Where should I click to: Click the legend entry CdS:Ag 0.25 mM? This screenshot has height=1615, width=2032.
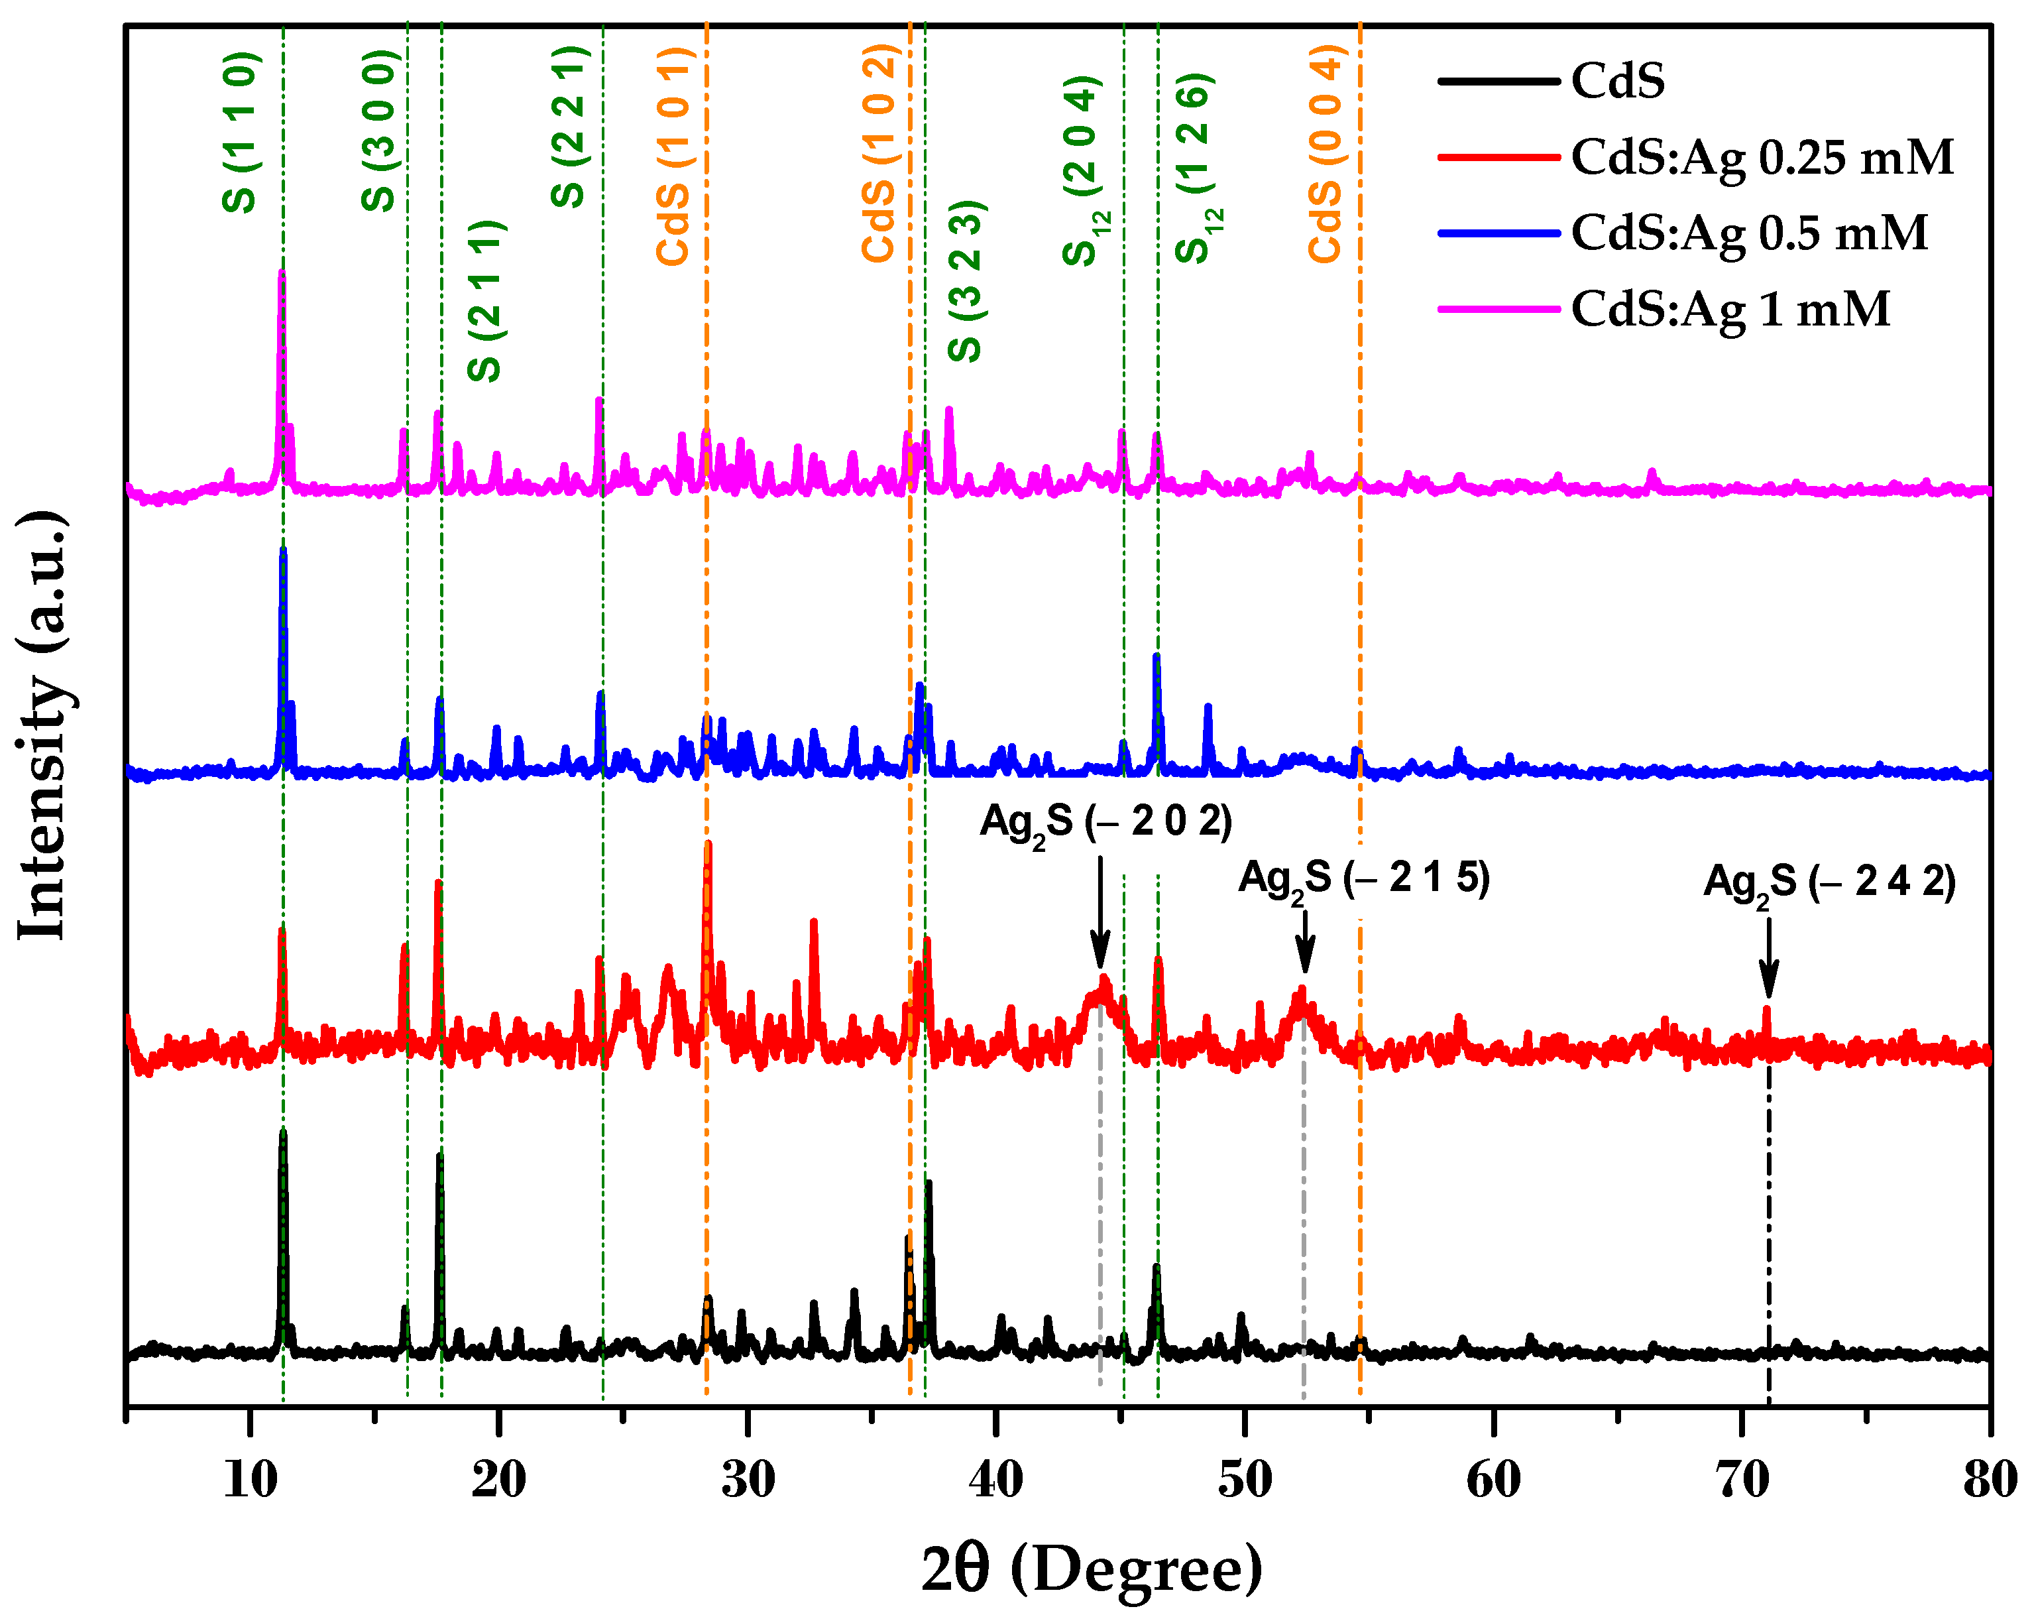tap(1760, 157)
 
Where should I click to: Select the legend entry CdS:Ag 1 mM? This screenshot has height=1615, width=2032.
tap(1730, 309)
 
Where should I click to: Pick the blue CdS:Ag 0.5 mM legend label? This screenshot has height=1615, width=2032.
tap(1748, 233)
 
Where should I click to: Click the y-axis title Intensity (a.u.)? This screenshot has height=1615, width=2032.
tap(42, 725)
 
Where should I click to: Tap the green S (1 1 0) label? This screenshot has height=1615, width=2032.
tap(241, 132)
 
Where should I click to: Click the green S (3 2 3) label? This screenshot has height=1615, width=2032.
tap(966, 281)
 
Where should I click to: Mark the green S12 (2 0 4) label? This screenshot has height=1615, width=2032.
tap(1083, 170)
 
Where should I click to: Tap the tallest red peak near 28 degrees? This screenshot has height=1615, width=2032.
tap(708, 847)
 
